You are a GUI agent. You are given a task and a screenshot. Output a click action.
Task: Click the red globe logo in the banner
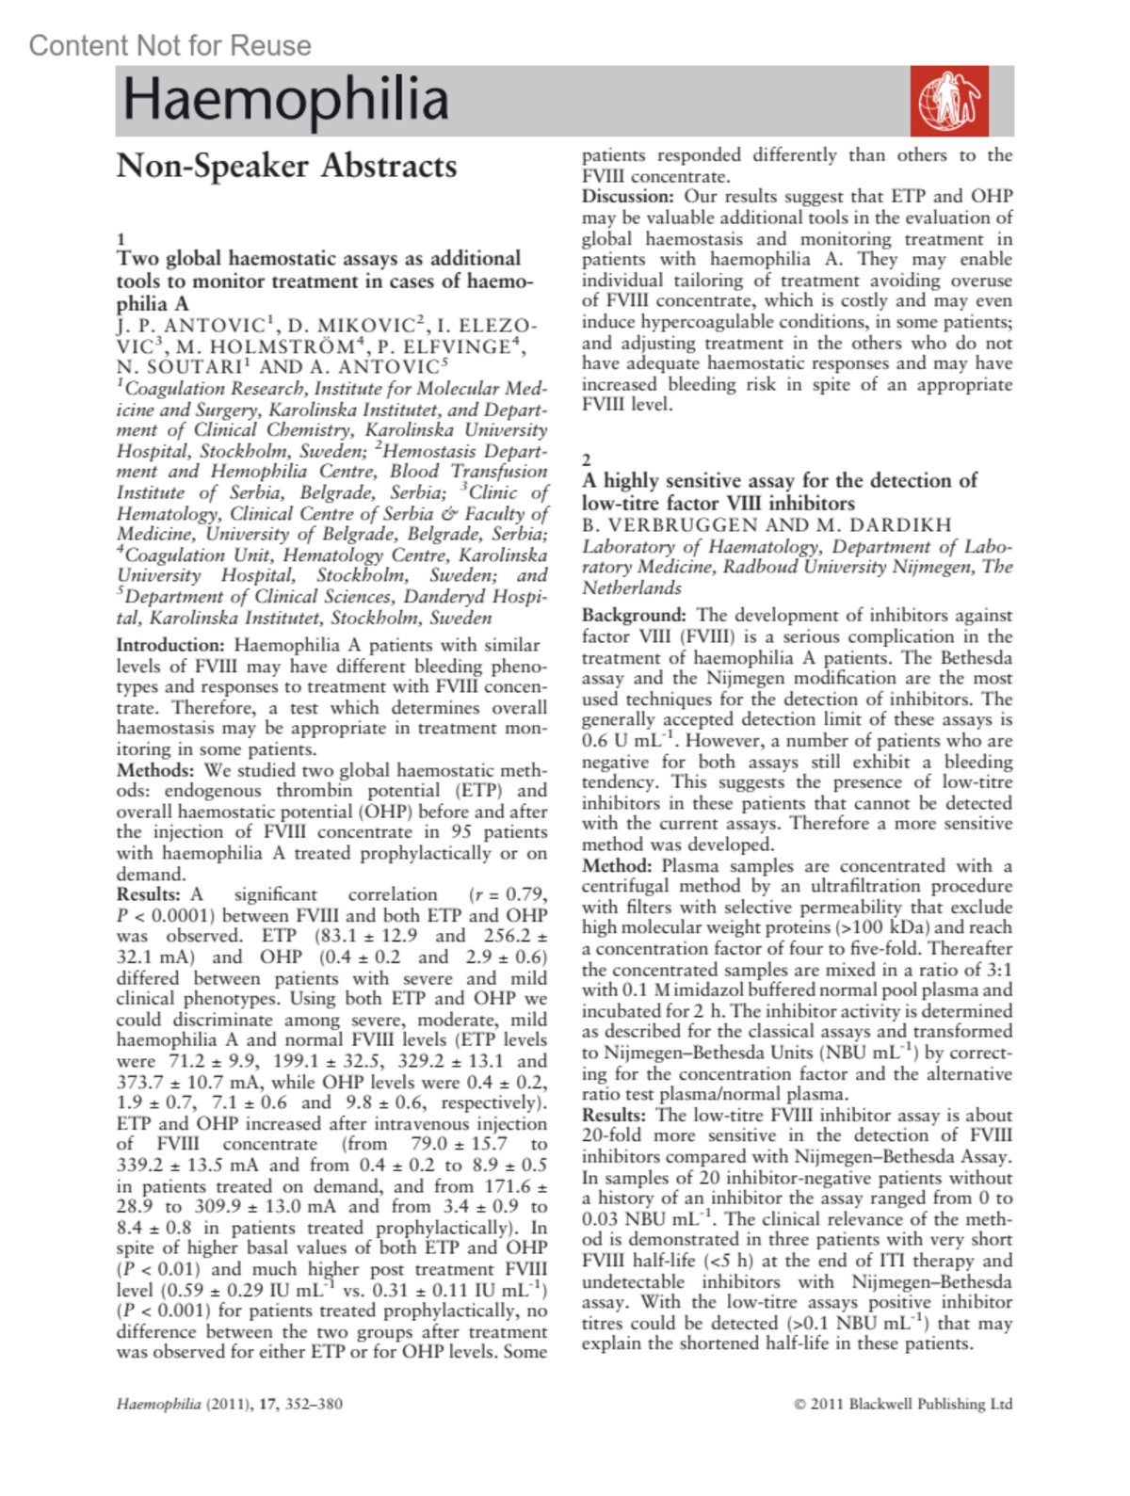949,101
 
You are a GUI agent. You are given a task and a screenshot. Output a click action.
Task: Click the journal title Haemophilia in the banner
285,100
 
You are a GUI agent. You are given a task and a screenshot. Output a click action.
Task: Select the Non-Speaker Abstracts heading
286,167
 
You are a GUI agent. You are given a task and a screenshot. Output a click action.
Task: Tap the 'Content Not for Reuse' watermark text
169,45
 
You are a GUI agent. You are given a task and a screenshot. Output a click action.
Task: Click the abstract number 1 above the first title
121,239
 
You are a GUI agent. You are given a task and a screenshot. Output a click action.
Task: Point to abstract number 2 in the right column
587,460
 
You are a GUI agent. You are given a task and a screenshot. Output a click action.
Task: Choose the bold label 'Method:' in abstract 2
617,866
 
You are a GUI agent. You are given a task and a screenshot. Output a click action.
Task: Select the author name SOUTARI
179,367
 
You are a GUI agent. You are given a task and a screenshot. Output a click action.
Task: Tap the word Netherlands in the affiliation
632,588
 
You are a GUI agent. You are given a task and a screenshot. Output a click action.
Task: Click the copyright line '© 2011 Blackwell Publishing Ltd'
903,1404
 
